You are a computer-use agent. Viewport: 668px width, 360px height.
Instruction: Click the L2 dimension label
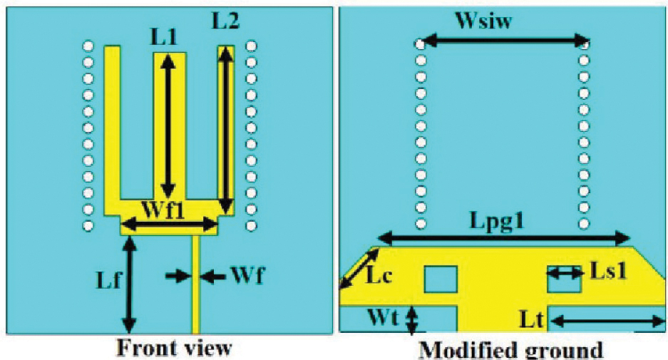pyautogui.click(x=226, y=21)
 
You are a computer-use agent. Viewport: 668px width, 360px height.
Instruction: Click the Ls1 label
pyautogui.click(x=607, y=270)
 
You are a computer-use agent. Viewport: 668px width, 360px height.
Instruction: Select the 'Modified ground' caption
pyautogui.click(x=510, y=350)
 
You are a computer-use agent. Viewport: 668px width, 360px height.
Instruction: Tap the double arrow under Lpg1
pyautogui.click(x=503, y=238)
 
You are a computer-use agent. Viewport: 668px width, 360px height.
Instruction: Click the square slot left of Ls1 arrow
pyautogui.click(x=440, y=279)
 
